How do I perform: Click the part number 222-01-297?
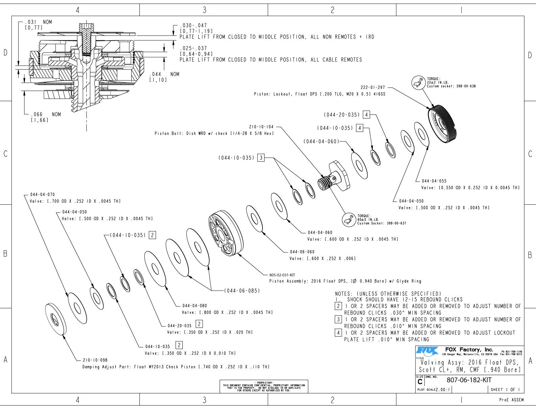pos(373,87)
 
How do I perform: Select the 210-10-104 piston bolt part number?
pos(261,127)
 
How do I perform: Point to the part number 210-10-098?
pos(95,360)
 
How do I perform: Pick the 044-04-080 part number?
pos(195,306)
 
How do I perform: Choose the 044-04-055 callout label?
pos(434,181)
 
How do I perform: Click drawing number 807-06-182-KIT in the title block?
pos(469,380)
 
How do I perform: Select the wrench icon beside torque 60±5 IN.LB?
pos(349,220)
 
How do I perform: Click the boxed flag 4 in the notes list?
pos(338,332)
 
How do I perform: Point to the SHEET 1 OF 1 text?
pos(505,389)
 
